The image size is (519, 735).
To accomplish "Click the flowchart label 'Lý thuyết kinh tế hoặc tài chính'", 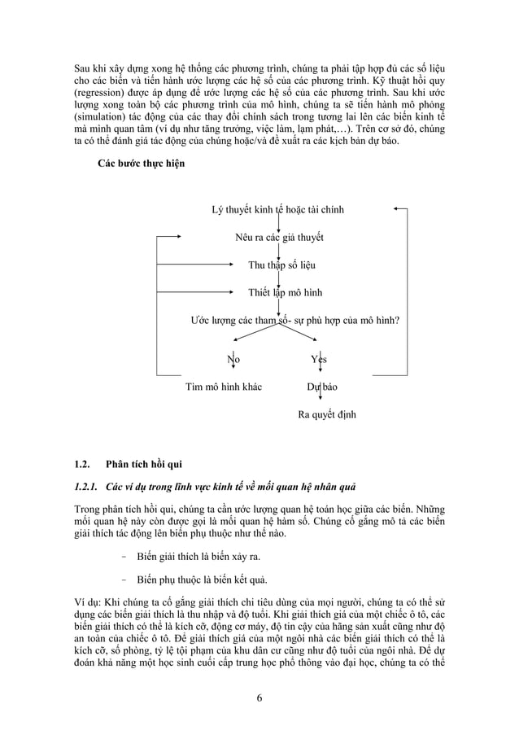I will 277,210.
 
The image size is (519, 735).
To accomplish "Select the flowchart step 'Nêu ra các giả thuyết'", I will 279,238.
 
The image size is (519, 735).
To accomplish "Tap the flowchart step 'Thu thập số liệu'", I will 281,265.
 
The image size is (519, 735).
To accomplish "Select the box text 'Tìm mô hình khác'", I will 224,387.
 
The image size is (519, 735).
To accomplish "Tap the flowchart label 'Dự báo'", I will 321,387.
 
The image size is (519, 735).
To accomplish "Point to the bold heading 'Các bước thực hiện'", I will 141,164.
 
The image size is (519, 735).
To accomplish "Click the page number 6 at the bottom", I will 259,697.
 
